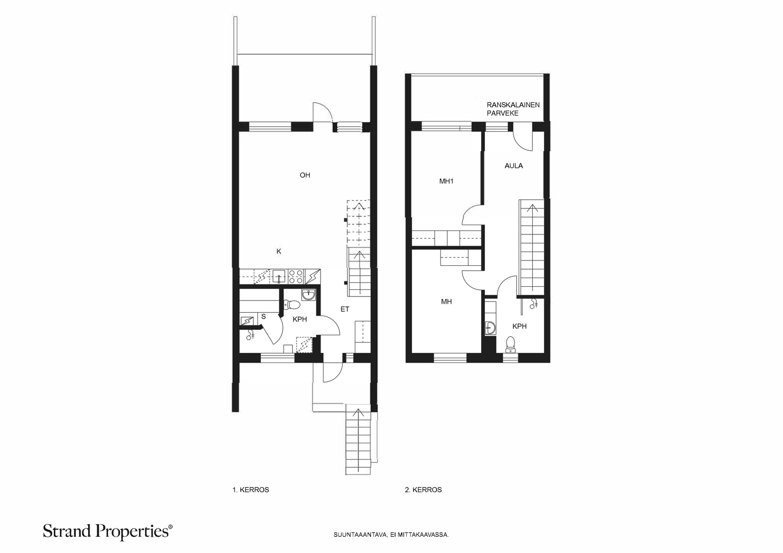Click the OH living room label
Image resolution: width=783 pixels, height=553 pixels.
[x=305, y=175]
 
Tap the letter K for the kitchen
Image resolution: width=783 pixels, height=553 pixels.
[x=278, y=252]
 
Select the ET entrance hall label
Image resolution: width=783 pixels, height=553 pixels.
[x=345, y=309]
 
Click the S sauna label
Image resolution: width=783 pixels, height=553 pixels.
[x=264, y=317]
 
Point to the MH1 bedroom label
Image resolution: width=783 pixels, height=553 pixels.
[x=446, y=182]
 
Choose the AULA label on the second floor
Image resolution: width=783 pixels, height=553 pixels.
[x=513, y=166]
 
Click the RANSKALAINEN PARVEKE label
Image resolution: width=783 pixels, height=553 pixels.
[x=513, y=109]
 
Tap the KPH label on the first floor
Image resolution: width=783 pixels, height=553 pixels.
[x=300, y=319]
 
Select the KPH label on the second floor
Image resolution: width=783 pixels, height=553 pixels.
[x=519, y=326]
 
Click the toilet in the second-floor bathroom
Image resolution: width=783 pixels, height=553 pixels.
[x=511, y=345]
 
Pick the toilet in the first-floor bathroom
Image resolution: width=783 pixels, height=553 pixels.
[x=292, y=305]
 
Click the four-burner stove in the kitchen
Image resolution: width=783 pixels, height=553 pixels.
[x=296, y=276]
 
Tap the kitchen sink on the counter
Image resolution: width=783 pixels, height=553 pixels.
[x=279, y=276]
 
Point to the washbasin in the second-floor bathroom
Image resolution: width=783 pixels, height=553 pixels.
[x=491, y=328]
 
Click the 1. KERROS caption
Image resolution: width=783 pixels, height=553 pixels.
[x=251, y=490]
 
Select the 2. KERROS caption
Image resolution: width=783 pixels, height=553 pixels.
[x=423, y=490]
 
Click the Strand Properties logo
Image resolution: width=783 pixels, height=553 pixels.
[x=108, y=531]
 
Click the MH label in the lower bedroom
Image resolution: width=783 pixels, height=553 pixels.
[x=446, y=301]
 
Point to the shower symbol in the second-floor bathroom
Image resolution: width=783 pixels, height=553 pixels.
[x=533, y=304]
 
